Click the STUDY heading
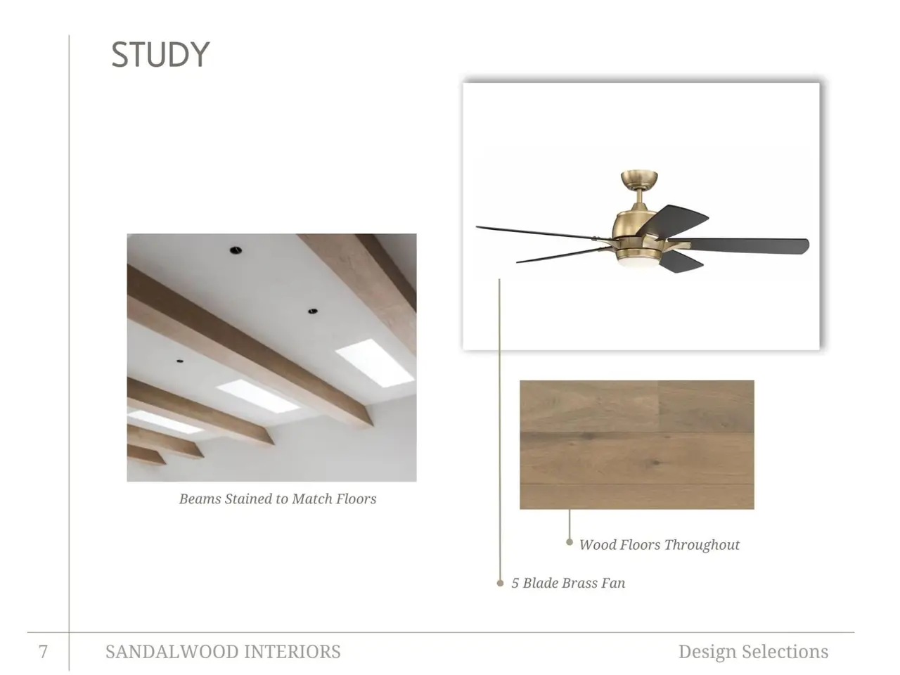(160, 54)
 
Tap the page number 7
(43, 651)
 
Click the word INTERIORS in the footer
(292, 651)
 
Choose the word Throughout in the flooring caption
(702, 545)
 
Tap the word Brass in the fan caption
(580, 582)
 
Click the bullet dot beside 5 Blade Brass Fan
(500, 583)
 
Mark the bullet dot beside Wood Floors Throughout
(569, 542)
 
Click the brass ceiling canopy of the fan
(639, 179)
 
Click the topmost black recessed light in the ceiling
(236, 250)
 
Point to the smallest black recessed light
(179, 361)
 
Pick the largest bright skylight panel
(374, 363)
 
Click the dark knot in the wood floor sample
(655, 463)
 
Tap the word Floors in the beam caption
(356, 499)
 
